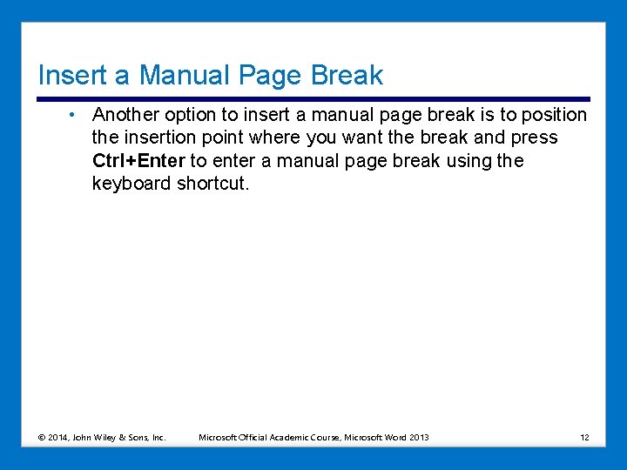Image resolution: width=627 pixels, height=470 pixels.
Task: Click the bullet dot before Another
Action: (77, 114)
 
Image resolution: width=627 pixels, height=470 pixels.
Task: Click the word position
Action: (556, 115)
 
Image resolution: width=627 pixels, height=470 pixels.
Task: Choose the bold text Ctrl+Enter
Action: (138, 160)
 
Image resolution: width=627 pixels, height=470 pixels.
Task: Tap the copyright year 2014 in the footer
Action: (62, 437)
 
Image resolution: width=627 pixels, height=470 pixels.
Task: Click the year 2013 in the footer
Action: (419, 437)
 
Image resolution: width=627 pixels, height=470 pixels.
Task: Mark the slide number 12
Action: (584, 437)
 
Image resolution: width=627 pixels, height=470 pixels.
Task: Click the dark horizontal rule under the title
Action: (313, 99)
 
